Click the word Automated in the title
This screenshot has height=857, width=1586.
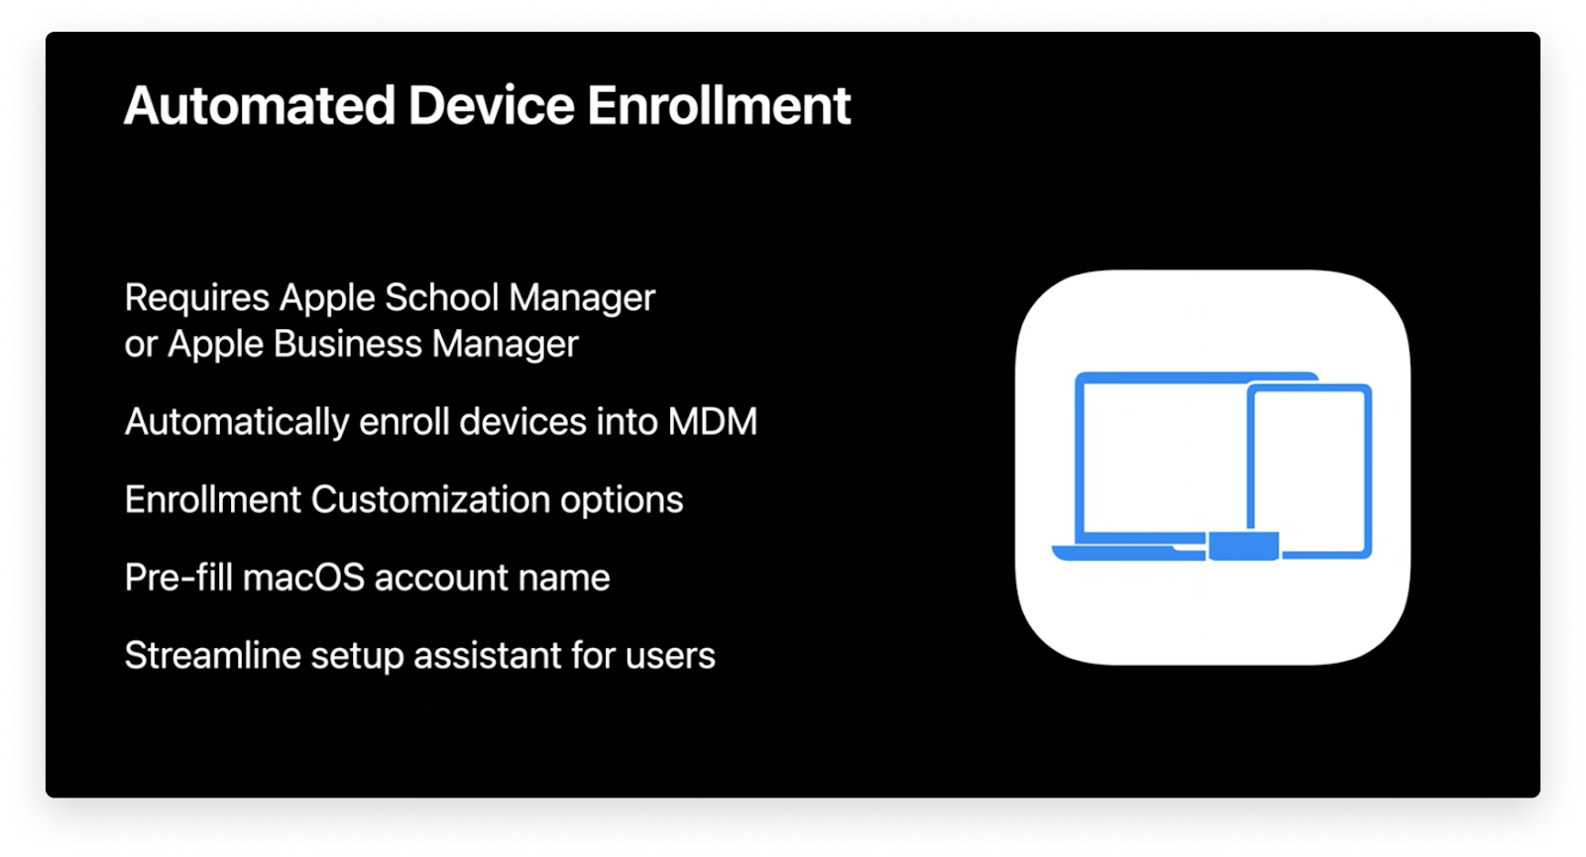[260, 106]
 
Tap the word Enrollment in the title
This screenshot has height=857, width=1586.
[719, 106]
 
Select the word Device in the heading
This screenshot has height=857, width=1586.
[491, 106]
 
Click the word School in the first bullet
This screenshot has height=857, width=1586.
[441, 297]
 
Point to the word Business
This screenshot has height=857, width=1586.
[348, 344]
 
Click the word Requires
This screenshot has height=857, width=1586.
[197, 297]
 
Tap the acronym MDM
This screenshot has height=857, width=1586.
[713, 422]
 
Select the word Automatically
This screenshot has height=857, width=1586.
[237, 422]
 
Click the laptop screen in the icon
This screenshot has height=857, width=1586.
[1160, 456]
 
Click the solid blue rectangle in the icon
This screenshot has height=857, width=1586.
[1243, 546]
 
